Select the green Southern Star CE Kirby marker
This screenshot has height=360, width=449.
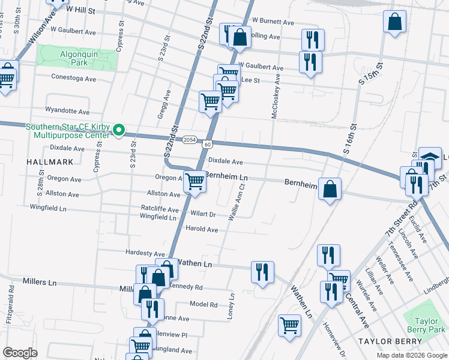(x=119, y=130)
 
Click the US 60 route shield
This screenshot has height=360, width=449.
(x=207, y=145)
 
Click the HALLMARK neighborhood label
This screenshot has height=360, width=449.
(x=50, y=162)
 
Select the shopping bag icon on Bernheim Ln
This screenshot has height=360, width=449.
(x=330, y=189)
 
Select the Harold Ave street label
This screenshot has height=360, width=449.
(x=202, y=229)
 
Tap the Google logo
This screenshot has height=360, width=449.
(x=20, y=353)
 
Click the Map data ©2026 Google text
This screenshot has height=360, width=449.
(x=411, y=355)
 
